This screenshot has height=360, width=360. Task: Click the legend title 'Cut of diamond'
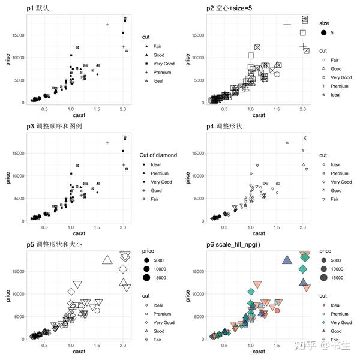click(x=158, y=155)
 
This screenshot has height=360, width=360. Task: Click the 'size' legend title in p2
click(x=325, y=23)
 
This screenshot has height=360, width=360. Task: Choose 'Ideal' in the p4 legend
click(x=335, y=164)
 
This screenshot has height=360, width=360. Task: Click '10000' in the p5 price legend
click(x=163, y=269)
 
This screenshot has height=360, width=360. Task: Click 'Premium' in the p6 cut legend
click(x=340, y=314)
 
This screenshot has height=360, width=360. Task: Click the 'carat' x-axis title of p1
click(x=77, y=115)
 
